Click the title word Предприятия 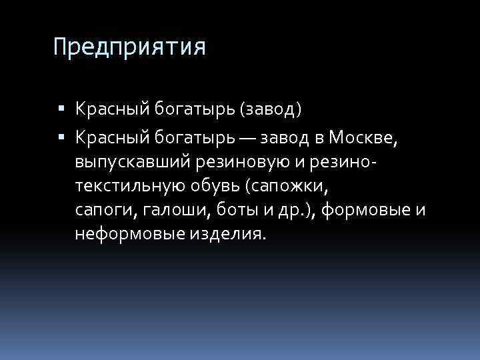coord(130,47)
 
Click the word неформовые coord(133,235)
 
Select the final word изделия coord(235,235)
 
